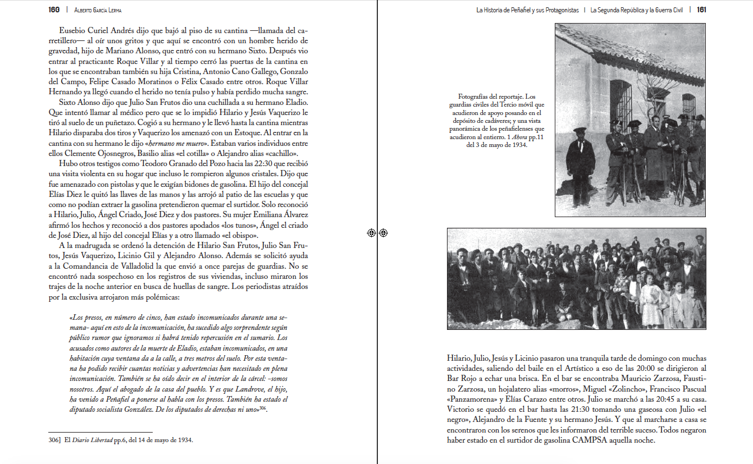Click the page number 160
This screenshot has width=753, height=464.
tap(54, 10)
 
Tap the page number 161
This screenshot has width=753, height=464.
tap(701, 10)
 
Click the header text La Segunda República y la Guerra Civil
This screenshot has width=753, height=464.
tap(636, 10)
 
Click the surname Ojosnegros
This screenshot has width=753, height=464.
tap(107, 153)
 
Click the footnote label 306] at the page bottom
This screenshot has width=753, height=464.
tap(54, 440)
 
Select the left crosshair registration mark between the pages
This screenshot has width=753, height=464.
tap(371, 233)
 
